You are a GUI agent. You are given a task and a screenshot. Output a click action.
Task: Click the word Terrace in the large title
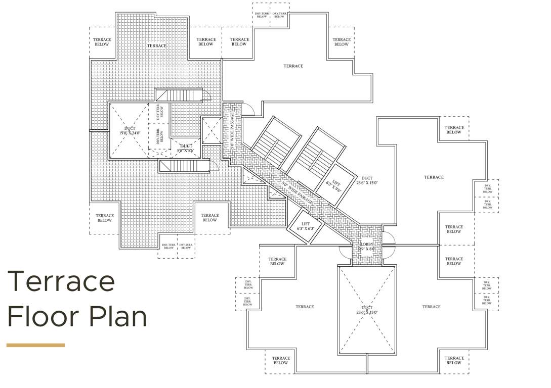click(x=61, y=281)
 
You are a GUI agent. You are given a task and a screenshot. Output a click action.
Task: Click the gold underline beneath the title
click(x=35, y=345)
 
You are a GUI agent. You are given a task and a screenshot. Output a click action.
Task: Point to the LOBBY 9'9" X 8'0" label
click(x=367, y=247)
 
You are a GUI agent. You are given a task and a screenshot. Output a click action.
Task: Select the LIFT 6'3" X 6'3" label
click(x=305, y=226)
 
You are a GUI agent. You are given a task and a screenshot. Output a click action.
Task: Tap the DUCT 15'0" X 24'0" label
click(x=130, y=131)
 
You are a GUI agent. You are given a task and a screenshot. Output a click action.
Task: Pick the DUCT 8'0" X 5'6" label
click(x=185, y=148)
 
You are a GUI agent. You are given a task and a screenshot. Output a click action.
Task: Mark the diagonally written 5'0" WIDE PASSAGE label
click(x=298, y=194)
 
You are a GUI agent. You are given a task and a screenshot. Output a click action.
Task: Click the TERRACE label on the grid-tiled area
click(x=156, y=46)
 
